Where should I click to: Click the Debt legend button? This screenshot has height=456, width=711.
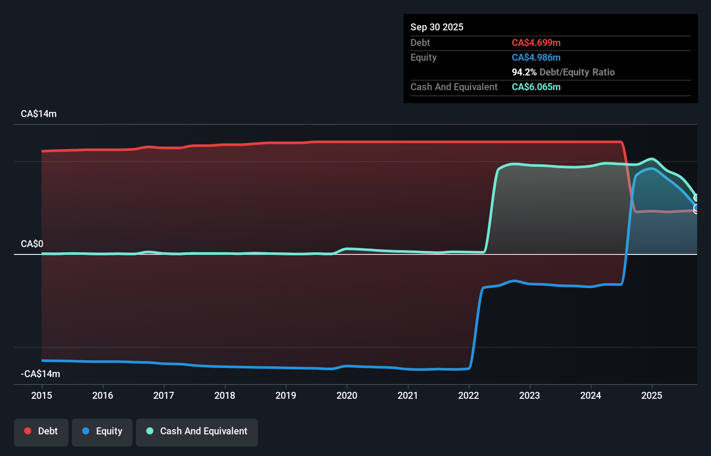point(41,432)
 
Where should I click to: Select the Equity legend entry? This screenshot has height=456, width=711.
point(102,432)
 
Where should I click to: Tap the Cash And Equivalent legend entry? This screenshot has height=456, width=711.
point(197,432)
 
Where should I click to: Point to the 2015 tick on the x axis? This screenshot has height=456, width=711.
point(42,395)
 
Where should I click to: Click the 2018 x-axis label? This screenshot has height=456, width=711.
point(225,395)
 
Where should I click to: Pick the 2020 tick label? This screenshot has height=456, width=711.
point(347,395)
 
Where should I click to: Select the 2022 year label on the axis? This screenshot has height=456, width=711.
point(469,395)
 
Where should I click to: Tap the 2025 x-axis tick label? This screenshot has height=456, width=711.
point(652,395)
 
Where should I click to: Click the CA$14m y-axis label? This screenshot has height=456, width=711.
point(39,114)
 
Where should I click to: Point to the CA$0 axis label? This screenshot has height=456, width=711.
point(32,244)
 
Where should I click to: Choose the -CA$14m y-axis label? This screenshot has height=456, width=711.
point(40,374)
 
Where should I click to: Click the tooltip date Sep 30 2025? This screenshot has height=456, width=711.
point(436,27)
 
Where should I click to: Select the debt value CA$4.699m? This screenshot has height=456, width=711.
point(536,43)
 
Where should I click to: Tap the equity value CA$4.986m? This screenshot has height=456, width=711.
point(536,58)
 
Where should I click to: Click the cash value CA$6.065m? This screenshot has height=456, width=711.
point(536,87)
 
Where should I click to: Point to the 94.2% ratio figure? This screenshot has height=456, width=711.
point(524,72)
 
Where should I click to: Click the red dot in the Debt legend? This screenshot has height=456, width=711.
point(28,431)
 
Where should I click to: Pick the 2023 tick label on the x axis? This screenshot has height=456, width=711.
point(530,395)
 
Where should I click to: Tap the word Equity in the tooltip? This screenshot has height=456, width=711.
point(423,58)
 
